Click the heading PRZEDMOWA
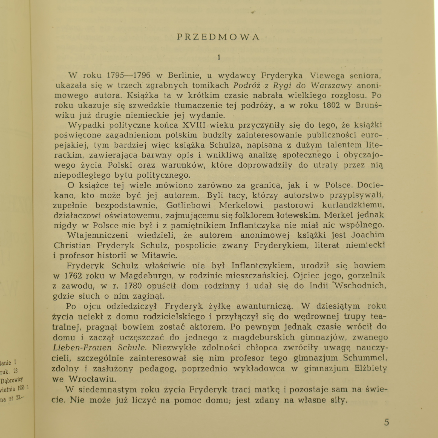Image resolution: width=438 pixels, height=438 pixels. [218, 37]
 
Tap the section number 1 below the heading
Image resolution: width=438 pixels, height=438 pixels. [219, 57]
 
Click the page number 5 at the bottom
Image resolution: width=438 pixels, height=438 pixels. [386, 422]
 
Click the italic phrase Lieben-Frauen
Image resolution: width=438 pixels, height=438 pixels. [82, 348]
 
